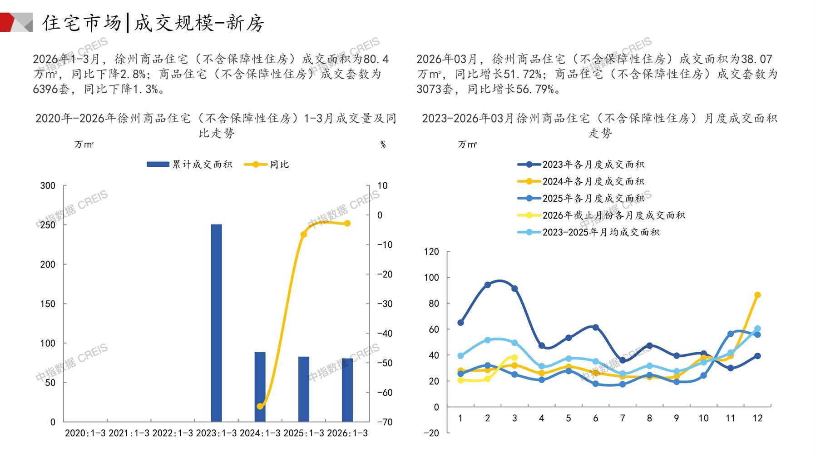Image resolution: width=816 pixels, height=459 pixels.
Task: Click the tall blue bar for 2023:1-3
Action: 216,323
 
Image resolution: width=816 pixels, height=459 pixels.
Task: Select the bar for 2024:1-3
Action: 260,387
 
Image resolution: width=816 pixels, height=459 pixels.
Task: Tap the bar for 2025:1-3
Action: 303,389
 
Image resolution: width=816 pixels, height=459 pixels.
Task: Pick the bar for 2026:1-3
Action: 347,390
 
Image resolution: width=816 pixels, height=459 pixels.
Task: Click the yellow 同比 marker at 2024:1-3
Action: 260,406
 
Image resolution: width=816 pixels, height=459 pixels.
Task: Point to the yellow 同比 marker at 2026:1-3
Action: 347,223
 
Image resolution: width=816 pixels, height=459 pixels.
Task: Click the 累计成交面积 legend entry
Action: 190,165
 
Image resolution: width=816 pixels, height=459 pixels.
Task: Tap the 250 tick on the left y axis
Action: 48,225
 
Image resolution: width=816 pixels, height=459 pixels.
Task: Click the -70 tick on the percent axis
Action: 385,422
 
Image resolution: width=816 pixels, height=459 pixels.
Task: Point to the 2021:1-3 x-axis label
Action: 129,434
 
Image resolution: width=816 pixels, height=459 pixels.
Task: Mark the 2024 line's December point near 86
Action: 757,295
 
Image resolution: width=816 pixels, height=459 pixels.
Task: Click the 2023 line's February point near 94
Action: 487,285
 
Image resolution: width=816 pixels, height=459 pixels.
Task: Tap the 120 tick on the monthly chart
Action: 431,252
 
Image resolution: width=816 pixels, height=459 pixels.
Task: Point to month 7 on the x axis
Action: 622,418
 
